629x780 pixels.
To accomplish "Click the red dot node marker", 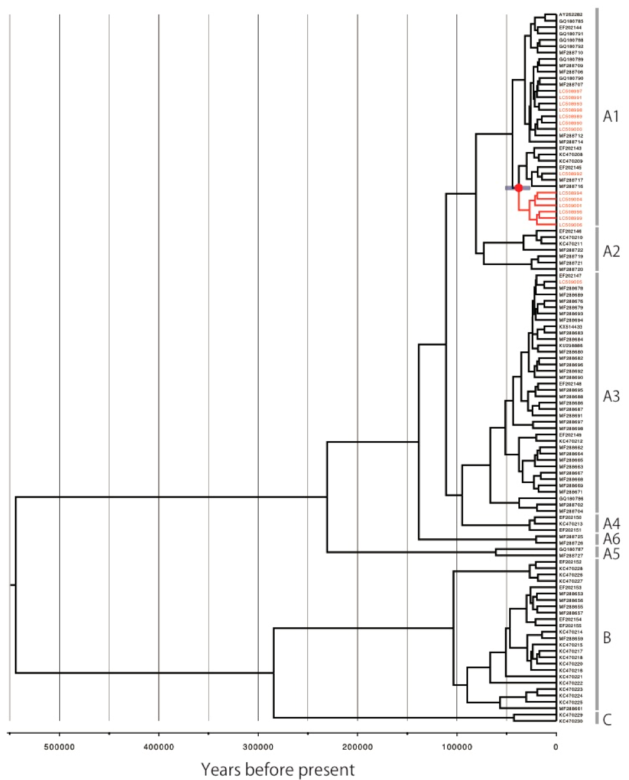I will click(518, 188).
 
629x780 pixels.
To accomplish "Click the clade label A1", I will click(611, 116).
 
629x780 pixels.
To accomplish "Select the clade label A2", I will click(611, 251).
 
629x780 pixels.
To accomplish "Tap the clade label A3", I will click(611, 396).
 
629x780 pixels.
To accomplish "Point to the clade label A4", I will click(611, 524).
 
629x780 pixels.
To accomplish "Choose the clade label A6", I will click(611, 539).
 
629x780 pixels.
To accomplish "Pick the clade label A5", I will click(611, 554).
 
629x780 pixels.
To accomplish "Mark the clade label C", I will click(607, 720).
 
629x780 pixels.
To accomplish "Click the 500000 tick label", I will click(59, 747).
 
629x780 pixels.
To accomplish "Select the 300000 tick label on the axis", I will click(258, 747).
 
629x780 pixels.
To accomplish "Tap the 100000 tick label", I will click(457, 747).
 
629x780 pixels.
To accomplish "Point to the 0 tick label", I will click(556, 747).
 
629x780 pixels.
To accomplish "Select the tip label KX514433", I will click(571, 327).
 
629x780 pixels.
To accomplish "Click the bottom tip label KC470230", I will click(571, 721).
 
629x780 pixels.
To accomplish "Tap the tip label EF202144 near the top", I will click(571, 27).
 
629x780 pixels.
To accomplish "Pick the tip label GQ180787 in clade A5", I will click(571, 549).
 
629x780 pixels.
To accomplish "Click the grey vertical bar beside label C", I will click(597, 718).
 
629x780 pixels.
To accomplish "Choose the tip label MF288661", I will click(571, 708).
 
